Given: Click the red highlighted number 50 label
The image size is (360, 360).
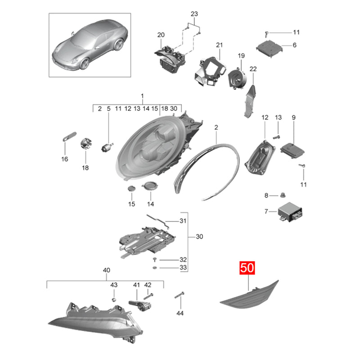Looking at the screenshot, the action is pos(247,268).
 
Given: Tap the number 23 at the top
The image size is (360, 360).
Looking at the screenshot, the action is pos(194,14).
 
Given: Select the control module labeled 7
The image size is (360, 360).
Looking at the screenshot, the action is pos(290,212).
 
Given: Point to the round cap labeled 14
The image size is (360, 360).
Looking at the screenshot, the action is pos(150,185).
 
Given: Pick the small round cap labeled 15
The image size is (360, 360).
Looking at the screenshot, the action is pos(131,189).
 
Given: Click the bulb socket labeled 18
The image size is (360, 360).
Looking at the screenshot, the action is pos(86,144).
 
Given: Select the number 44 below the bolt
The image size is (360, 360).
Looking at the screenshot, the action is pos(180,313).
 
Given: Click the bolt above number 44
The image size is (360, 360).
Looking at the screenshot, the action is pos(180,295).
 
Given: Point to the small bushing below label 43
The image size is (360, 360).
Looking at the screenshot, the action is pos(113,299).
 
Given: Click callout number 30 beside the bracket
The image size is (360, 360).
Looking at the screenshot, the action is pos(199,237).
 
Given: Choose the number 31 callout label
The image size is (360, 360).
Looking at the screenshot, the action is pos(183,221).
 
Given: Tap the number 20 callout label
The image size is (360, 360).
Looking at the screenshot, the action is pos(161,35).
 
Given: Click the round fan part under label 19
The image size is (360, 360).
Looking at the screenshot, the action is pos(237,77).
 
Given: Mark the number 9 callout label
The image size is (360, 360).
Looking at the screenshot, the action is pos(294,117).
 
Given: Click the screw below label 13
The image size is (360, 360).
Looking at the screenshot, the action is pos(276,138).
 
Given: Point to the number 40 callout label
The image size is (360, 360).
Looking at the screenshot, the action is pos(107,270).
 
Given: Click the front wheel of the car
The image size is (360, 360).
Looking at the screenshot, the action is pos(85,63).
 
